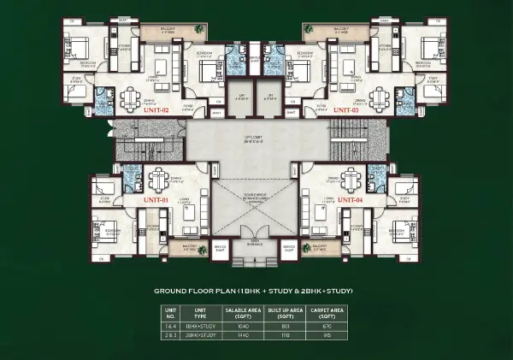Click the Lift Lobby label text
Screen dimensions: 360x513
[x=256, y=138]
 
